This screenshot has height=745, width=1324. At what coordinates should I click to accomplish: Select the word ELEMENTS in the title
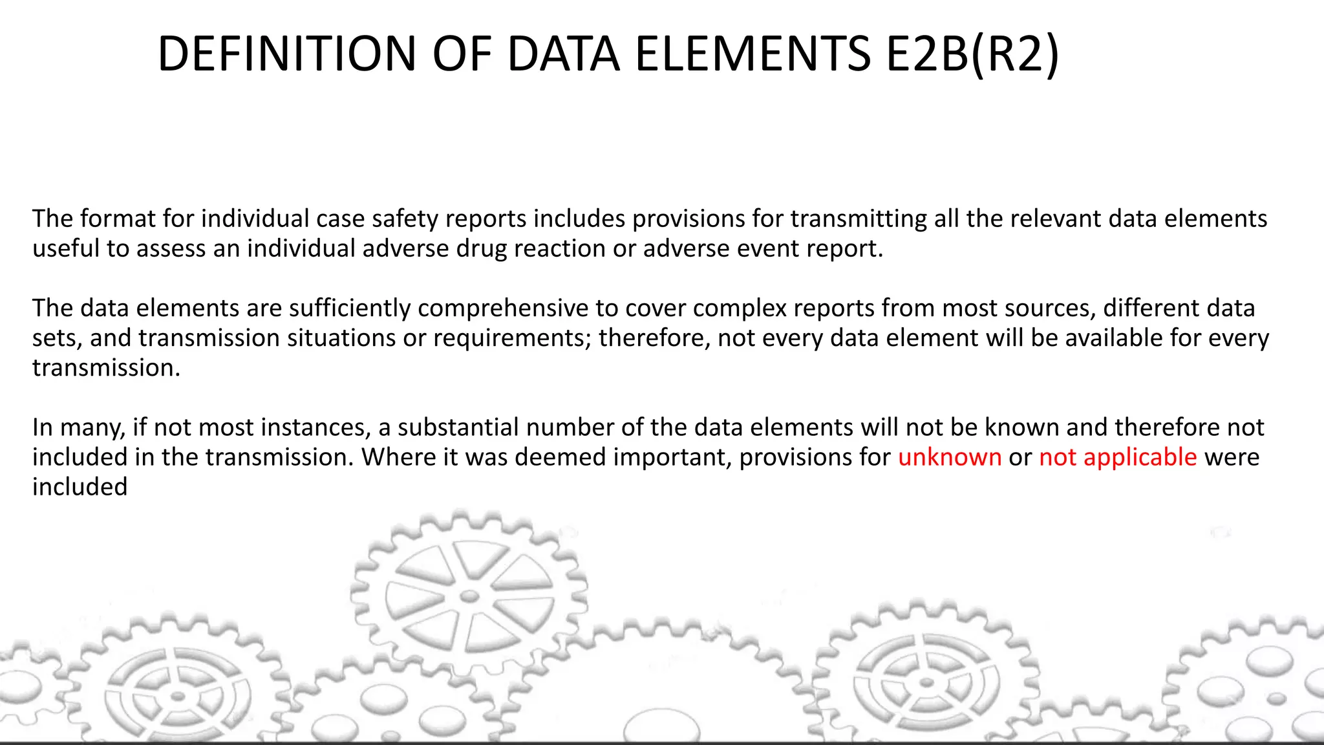[753, 54]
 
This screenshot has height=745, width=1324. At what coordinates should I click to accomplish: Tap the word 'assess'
[171, 248]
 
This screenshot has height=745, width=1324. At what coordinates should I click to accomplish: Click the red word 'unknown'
[950, 457]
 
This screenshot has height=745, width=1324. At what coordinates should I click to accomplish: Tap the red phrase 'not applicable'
[1118, 457]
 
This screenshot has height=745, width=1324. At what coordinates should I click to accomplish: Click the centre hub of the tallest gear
[469, 596]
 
